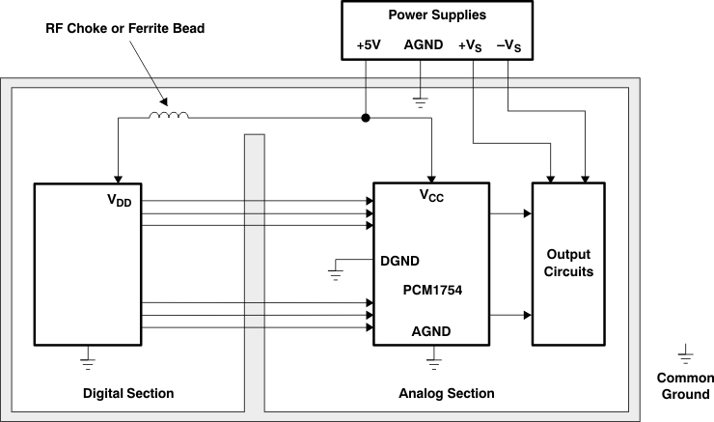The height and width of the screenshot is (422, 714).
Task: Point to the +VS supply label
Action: click(x=473, y=45)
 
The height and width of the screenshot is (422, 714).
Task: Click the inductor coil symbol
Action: click(x=168, y=116)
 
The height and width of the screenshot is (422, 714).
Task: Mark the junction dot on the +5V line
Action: click(x=365, y=118)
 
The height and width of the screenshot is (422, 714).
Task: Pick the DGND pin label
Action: click(x=399, y=261)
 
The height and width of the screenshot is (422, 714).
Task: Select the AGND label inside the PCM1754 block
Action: click(x=430, y=331)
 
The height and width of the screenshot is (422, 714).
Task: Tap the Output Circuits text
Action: click(x=568, y=263)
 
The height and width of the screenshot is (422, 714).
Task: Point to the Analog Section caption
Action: click(x=446, y=393)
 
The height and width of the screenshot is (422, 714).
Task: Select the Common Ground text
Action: click(x=684, y=385)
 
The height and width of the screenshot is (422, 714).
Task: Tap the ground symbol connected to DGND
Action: click(x=335, y=273)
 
